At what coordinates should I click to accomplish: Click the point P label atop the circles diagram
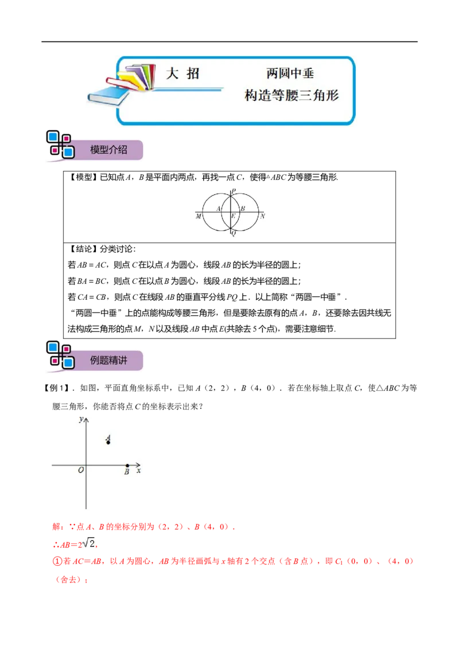[234, 191]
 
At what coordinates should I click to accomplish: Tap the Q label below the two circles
[234, 233]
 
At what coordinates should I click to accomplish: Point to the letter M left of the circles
[199, 217]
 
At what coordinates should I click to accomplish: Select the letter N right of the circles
[262, 216]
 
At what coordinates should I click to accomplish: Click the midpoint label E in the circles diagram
[233, 216]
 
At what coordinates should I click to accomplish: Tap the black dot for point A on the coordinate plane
[108, 443]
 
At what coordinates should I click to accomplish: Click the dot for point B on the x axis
[127, 466]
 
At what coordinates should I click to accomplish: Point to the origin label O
[81, 470]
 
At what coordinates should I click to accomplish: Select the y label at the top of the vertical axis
[81, 419]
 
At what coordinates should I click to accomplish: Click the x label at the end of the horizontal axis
[139, 471]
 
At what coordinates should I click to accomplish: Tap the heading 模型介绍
[108, 150]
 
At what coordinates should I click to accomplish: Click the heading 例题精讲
[108, 360]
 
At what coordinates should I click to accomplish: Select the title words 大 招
[182, 74]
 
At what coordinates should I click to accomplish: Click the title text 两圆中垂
[290, 73]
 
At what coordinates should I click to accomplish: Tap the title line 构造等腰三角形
[291, 95]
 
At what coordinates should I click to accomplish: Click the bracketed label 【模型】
[82, 177]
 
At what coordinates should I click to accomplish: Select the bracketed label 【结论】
[82, 249]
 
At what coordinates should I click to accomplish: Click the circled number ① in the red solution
[57, 561]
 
